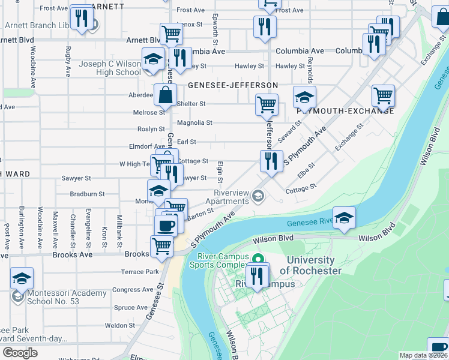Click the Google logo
click(20, 353)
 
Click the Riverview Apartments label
click(232, 197)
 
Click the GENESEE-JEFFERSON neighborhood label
click(233, 86)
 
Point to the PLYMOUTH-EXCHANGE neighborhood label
click(345, 110)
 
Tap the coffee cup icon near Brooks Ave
click(166, 226)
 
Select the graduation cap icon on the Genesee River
click(344, 218)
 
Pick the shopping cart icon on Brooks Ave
click(161, 246)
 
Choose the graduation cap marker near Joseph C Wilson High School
click(153, 60)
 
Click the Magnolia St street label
click(197, 123)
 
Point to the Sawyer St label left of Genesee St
click(76, 179)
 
